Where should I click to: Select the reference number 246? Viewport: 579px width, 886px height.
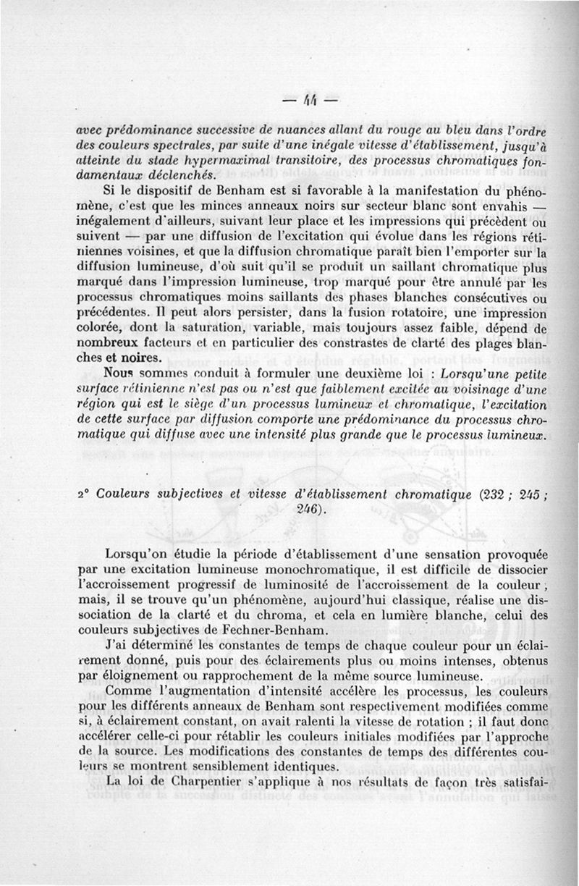click(x=310, y=510)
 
